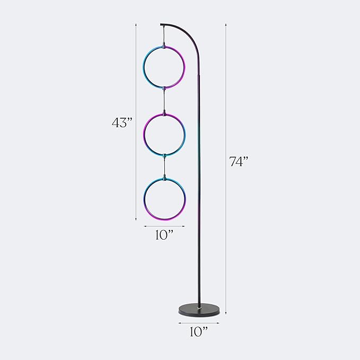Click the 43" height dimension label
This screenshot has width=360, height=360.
[x=121, y=122]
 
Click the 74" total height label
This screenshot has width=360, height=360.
[x=239, y=162]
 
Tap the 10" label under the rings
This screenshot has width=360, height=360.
[x=164, y=235]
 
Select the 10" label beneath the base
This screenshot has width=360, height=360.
[x=199, y=332]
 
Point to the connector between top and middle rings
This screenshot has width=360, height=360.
[x=164, y=100]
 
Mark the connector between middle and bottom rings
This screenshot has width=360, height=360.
[x=164, y=166]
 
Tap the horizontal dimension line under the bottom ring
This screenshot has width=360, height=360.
[x=164, y=226]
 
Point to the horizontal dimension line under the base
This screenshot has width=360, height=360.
[x=199, y=322]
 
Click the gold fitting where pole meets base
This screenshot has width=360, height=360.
[x=200, y=306]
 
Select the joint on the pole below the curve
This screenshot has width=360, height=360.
[x=200, y=77]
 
